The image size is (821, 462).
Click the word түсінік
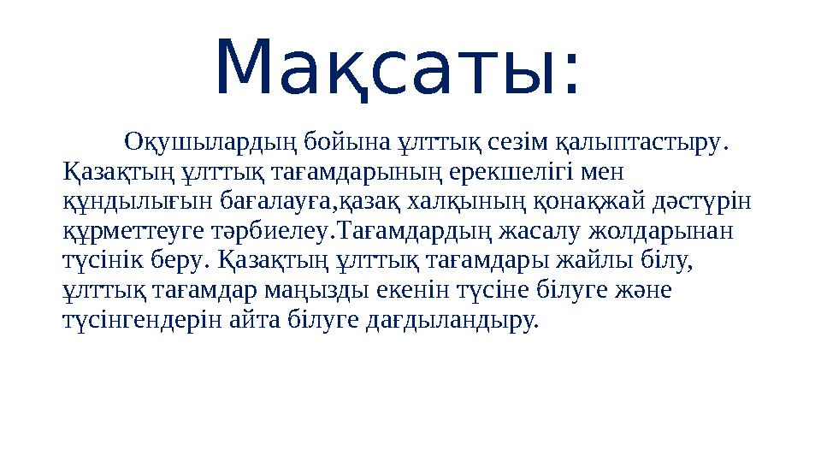[102, 260]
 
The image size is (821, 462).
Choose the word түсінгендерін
[142, 321]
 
